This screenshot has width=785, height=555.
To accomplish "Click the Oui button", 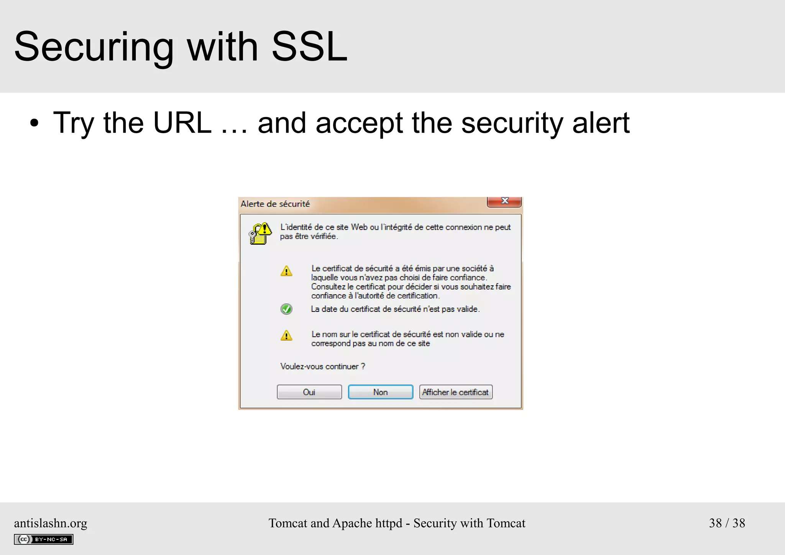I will click(x=309, y=392).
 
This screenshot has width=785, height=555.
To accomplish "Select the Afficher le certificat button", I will click(x=455, y=392).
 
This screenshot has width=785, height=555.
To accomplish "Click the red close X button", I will click(x=504, y=201).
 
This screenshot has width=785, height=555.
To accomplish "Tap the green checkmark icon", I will click(x=286, y=309).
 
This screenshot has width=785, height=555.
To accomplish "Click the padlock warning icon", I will click(x=260, y=233).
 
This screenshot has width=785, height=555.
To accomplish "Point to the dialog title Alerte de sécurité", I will click(x=275, y=204).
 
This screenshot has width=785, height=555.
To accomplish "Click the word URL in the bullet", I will click(x=182, y=123).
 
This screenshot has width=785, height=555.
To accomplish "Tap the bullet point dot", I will click(x=34, y=124).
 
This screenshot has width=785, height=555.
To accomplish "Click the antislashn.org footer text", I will click(x=51, y=523).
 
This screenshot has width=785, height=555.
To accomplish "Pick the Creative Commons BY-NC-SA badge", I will click(x=44, y=539).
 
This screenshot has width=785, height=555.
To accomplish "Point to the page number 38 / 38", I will click(x=727, y=523).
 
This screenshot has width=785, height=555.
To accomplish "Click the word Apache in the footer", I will click(x=352, y=523).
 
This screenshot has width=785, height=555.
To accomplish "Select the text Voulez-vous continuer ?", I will click(x=322, y=366).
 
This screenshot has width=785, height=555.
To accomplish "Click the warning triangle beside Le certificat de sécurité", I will click(x=286, y=271).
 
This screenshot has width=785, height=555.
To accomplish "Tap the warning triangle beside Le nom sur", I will click(x=286, y=336).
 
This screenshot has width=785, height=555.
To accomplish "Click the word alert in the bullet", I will click(x=601, y=123).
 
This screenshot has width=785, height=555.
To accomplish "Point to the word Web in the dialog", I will click(x=359, y=227).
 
